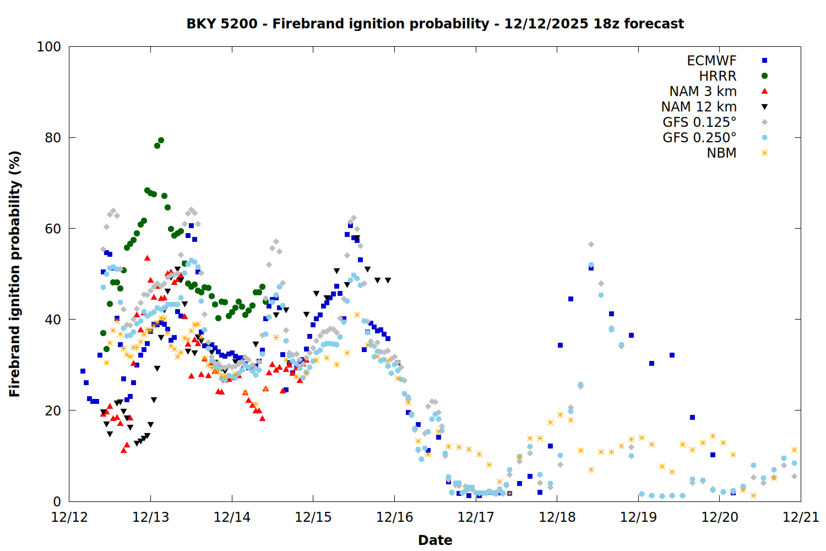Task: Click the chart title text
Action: [x=435, y=24]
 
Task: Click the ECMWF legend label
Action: [x=711, y=61]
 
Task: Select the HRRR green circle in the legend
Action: [x=764, y=76]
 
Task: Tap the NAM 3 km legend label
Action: [x=703, y=91]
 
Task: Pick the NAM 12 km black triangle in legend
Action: [x=764, y=107]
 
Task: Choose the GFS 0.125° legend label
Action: [x=699, y=122]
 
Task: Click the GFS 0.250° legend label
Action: [x=699, y=138]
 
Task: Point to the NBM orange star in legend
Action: [x=764, y=153]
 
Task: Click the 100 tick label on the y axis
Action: [x=49, y=47]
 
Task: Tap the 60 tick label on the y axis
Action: [x=53, y=229]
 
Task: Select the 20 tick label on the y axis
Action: [x=53, y=410]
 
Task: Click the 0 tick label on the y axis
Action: [x=57, y=501]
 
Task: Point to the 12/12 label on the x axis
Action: [x=69, y=517]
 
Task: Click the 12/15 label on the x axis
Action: [x=313, y=517]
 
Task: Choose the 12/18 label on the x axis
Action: [x=557, y=517]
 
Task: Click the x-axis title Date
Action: [x=435, y=540]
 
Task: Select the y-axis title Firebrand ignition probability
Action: [x=15, y=274]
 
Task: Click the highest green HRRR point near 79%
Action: [x=161, y=141]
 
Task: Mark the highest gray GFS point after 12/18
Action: [x=591, y=244]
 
